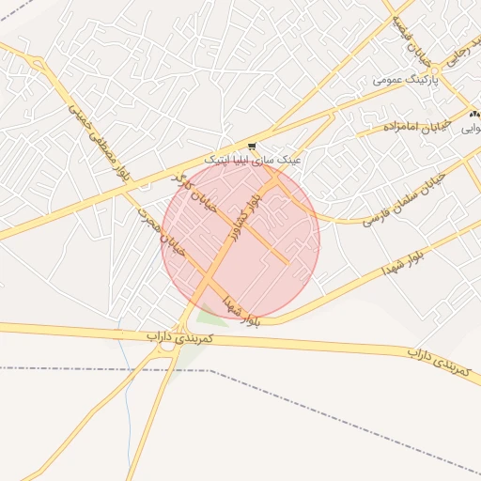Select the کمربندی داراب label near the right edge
click(438, 363)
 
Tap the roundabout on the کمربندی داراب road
click(167, 344)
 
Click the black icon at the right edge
click(473, 114)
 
